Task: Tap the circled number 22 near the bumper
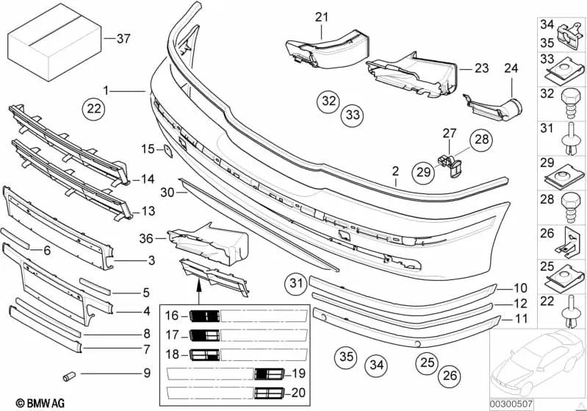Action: pyautogui.click(x=93, y=110)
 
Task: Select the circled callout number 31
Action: pyautogui.click(x=295, y=282)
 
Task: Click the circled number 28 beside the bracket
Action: pyautogui.click(x=480, y=139)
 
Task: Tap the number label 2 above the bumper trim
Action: pyautogui.click(x=395, y=172)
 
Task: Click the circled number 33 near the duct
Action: pyautogui.click(x=353, y=115)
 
